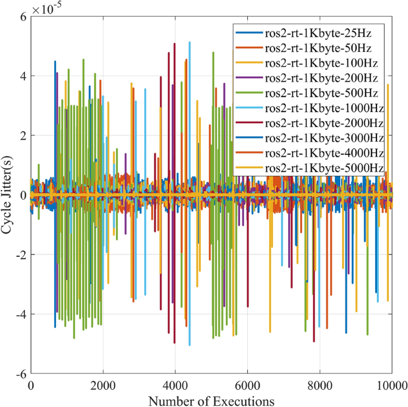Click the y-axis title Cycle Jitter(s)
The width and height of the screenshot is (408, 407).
(x=10, y=195)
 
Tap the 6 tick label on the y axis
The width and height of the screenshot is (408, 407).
(x=23, y=17)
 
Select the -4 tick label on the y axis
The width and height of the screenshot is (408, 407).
(x=20, y=315)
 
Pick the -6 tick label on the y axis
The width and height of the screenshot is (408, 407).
(x=20, y=374)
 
